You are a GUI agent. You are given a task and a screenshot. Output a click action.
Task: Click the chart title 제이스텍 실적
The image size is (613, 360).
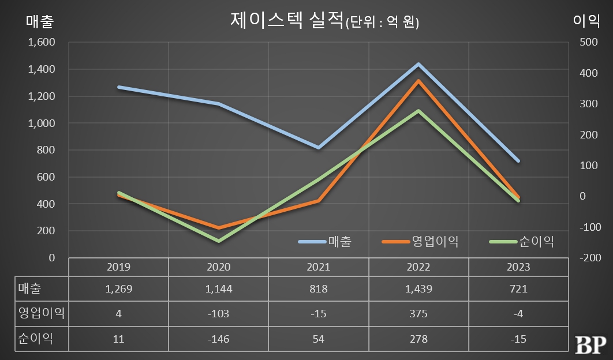(x=286, y=21)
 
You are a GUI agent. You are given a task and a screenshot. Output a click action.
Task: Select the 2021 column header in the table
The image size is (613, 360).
(x=318, y=267)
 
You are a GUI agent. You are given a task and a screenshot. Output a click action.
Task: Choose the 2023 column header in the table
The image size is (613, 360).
(x=518, y=267)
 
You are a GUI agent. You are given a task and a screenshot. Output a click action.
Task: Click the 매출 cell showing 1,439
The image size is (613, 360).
(x=418, y=288)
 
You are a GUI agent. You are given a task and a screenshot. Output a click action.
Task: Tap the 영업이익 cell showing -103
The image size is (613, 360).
(x=218, y=314)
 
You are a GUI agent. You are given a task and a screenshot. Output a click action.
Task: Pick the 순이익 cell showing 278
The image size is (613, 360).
(x=418, y=339)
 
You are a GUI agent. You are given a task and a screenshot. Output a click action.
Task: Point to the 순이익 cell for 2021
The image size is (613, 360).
(x=318, y=339)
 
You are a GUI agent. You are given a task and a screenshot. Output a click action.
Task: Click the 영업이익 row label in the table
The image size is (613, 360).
(x=42, y=314)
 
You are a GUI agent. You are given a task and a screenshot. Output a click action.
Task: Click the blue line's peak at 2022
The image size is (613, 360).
(x=418, y=64)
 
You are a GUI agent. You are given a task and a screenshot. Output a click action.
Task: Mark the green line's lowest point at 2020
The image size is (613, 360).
(x=219, y=241)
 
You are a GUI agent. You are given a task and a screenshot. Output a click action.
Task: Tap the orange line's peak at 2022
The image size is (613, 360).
(x=418, y=81)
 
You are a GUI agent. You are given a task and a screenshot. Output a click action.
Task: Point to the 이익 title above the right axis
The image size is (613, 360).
(x=586, y=21)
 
